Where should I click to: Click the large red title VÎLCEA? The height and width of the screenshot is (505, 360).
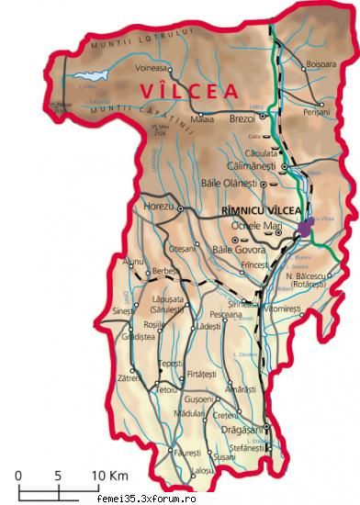click(189, 91)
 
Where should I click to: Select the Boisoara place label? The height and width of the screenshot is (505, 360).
click(321, 64)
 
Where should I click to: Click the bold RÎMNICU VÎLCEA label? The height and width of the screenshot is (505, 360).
click(262, 210)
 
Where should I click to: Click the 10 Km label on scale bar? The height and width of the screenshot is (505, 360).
click(108, 476)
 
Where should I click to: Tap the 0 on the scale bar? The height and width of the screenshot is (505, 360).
click(17, 476)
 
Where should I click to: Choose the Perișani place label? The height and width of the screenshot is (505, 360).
click(316, 110)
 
